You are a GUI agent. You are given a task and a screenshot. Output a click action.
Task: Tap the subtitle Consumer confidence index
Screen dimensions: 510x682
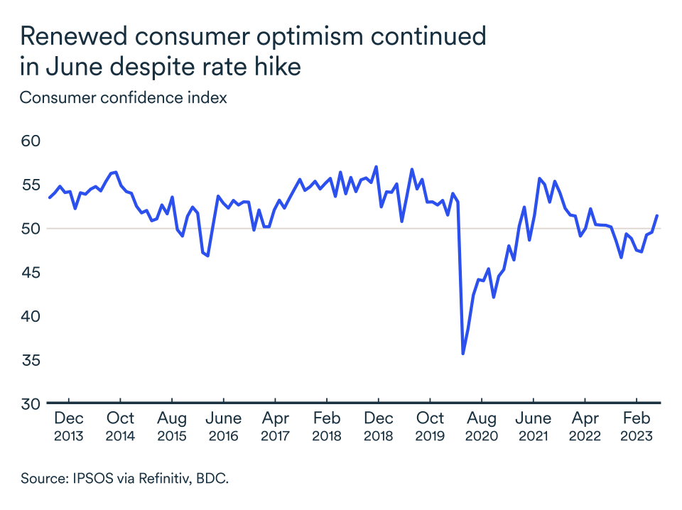(x=123, y=97)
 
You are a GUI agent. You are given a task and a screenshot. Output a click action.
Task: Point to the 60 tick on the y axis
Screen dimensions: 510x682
(x=31, y=141)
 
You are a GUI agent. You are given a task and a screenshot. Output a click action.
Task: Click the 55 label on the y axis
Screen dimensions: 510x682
(x=31, y=185)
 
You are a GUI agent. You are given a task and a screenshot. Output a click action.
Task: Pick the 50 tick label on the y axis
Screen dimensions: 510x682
(x=31, y=229)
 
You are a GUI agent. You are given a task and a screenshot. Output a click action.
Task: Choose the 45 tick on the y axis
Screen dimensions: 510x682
(x=31, y=273)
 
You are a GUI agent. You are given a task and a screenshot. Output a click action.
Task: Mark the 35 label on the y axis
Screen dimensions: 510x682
(x=31, y=361)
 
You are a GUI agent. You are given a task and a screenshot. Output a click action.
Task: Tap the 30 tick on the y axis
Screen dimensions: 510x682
(x=31, y=404)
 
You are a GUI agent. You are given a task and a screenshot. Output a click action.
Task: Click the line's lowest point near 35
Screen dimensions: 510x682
(x=463, y=354)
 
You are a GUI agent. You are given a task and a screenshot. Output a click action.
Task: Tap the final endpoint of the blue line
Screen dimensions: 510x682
(x=656, y=216)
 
